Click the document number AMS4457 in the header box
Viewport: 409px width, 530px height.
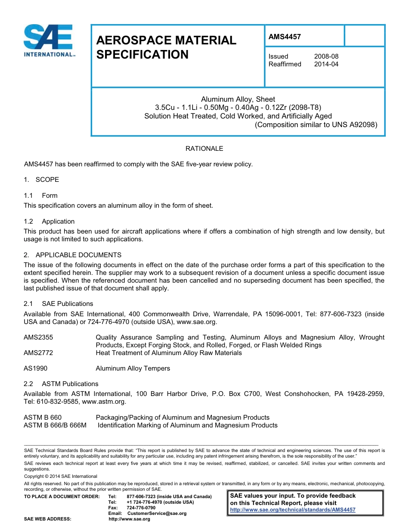coord(285,37)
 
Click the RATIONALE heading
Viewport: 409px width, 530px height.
coord(204,149)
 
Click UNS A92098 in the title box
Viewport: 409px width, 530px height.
coord(352,125)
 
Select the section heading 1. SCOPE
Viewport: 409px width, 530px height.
coord(41,180)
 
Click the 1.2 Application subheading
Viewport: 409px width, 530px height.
coord(49,221)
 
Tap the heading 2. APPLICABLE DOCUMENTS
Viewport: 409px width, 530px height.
coord(72,255)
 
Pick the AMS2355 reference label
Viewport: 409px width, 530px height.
coord(38,337)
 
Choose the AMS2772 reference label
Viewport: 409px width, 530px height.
coord(38,353)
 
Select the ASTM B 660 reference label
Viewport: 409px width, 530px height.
coord(43,418)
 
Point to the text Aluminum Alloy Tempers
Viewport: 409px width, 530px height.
coord(133,368)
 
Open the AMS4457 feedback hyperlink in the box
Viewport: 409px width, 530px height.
coord(293,510)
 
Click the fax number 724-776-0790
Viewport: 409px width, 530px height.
coord(141,508)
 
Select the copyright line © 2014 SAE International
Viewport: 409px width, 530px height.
coord(61,477)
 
